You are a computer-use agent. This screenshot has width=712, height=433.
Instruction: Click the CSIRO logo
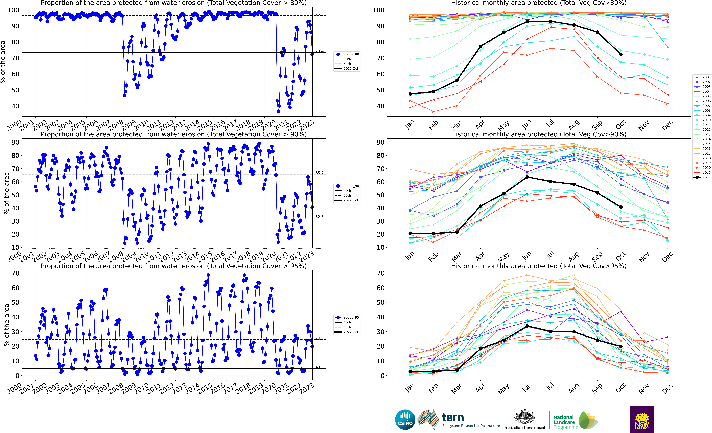tap(405, 419)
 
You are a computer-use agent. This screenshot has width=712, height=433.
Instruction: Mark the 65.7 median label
tap(319, 173)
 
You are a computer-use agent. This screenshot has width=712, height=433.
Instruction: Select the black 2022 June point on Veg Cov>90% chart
tap(527, 177)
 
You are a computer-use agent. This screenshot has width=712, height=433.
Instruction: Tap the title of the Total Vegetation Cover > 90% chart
tap(174, 134)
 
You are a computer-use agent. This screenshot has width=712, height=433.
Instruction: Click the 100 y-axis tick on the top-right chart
tap(379, 10)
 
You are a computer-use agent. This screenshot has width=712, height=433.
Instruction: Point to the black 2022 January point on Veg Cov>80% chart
tap(410, 94)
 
